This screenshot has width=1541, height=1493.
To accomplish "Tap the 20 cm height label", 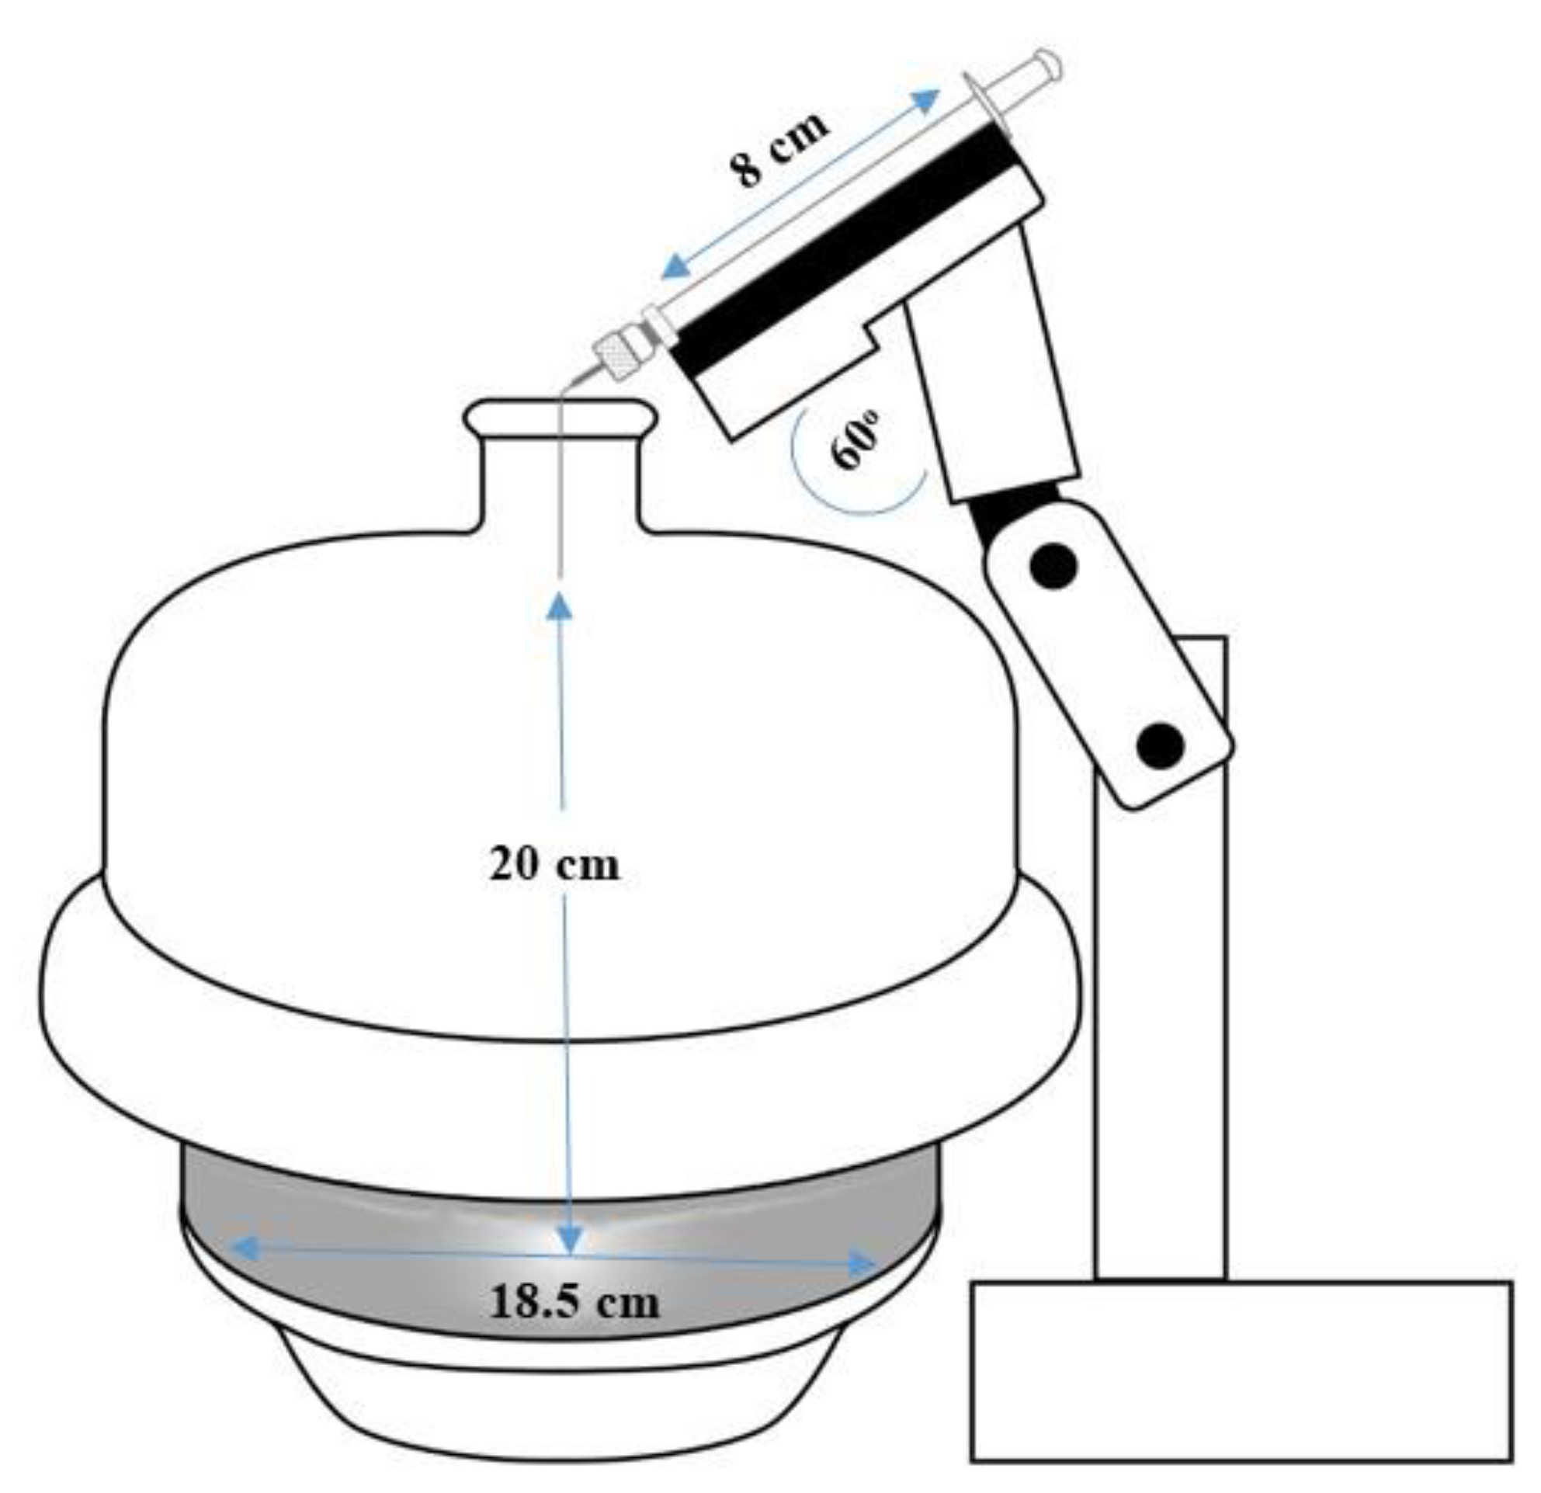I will pos(554,865).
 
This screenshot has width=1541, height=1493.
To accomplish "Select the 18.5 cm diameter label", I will pos(574,1302).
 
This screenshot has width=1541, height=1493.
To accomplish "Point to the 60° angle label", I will pos(857,440).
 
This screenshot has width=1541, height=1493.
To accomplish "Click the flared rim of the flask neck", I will pos(559,417).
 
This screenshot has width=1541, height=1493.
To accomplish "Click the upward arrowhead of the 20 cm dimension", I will pos(560,606).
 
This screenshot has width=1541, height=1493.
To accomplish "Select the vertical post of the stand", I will pos(1160,1022).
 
